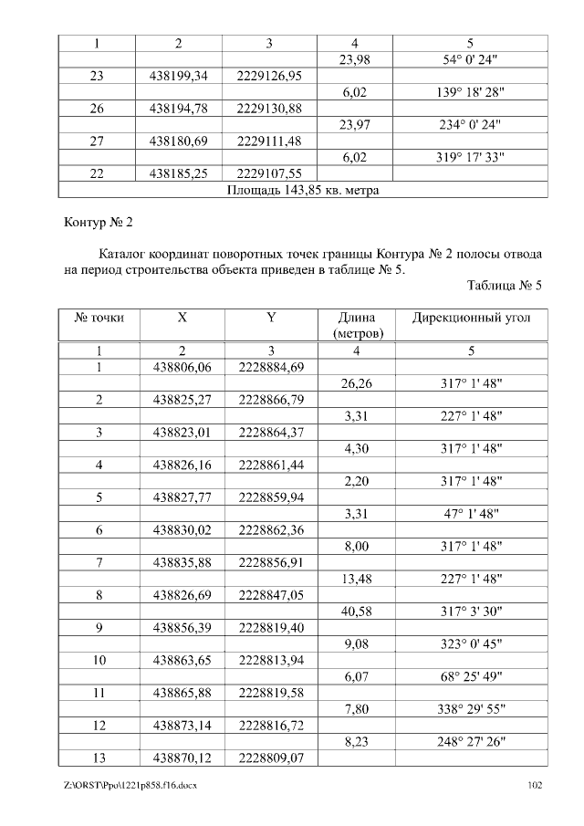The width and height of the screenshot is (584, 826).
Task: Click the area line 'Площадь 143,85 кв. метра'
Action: tap(302, 191)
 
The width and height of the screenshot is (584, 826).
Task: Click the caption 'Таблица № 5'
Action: tap(505, 286)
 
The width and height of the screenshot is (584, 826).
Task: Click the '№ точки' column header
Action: tap(99, 319)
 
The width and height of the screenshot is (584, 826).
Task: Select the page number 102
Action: tap(537, 785)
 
